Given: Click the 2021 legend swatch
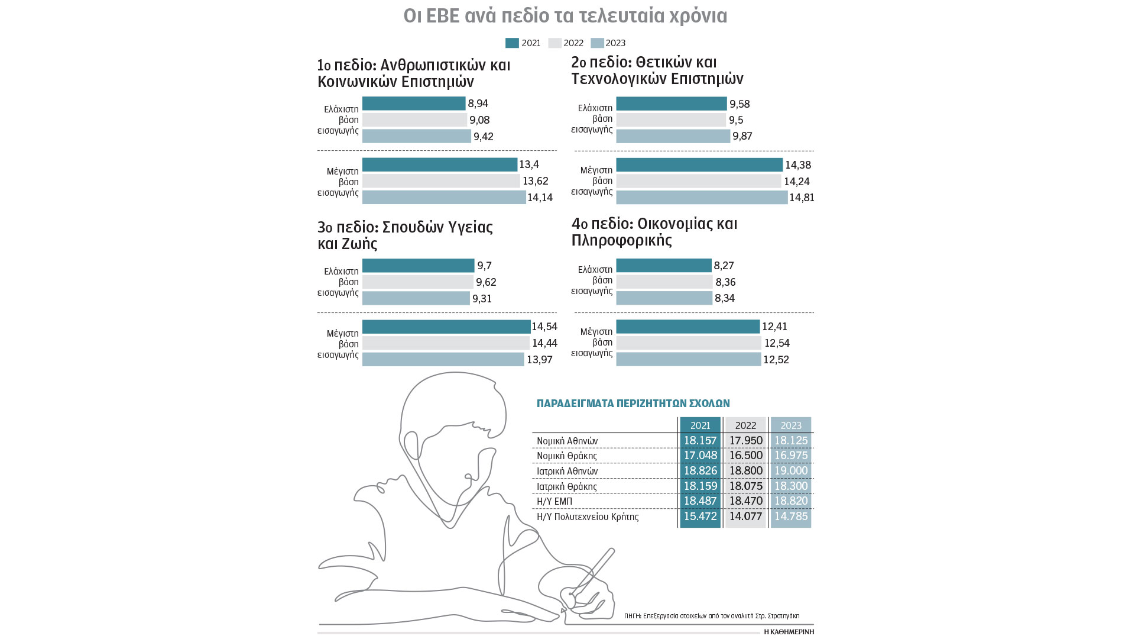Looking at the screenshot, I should [x=512, y=43].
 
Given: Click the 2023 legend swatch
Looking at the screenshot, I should [x=597, y=43].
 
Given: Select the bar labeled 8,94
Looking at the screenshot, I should [x=414, y=104].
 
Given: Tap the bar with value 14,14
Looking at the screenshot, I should [x=443, y=197].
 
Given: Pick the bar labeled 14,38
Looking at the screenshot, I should [x=699, y=164].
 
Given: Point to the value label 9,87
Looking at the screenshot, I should [x=742, y=136].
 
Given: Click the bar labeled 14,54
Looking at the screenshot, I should [x=446, y=327].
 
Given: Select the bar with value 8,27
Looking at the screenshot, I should [x=664, y=266].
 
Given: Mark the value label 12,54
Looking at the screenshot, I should [x=777, y=343].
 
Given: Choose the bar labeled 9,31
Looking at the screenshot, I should [x=416, y=298].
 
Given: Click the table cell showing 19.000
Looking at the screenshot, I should [x=791, y=471].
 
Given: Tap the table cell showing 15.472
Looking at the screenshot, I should [x=700, y=517].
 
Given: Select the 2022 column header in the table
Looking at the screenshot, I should [x=745, y=425].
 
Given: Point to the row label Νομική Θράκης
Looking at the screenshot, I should [x=566, y=456].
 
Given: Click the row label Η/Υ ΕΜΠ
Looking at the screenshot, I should [x=554, y=502].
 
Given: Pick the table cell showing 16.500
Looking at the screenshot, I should [x=745, y=456].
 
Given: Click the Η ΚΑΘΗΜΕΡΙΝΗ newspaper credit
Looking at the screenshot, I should [x=789, y=632].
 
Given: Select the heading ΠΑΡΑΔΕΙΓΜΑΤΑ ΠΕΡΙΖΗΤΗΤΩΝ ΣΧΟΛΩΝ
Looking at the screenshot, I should [x=633, y=404].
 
